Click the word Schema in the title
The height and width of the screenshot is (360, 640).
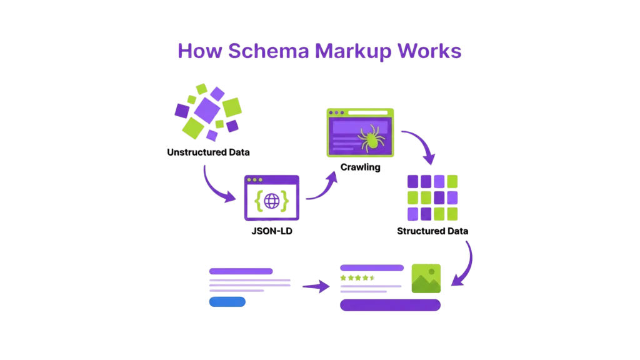[x=269, y=51]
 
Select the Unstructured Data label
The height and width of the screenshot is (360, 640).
[x=208, y=152]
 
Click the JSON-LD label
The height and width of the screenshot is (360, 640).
[x=271, y=231]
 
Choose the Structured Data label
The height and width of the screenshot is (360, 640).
[x=433, y=231]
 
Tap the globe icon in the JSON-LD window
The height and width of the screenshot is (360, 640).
[x=272, y=201]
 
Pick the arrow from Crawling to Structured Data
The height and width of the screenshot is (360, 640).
[x=421, y=147]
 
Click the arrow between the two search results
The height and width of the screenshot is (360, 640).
[x=315, y=287]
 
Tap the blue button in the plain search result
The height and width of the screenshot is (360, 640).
[x=227, y=301]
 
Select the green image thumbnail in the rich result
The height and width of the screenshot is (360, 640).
[x=426, y=277]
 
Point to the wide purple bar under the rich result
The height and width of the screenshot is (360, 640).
[x=390, y=304]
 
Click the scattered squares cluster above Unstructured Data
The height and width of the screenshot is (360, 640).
[x=207, y=111]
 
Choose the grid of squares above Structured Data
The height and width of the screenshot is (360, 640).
[x=432, y=197]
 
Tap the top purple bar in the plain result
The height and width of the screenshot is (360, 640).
[x=241, y=271]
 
